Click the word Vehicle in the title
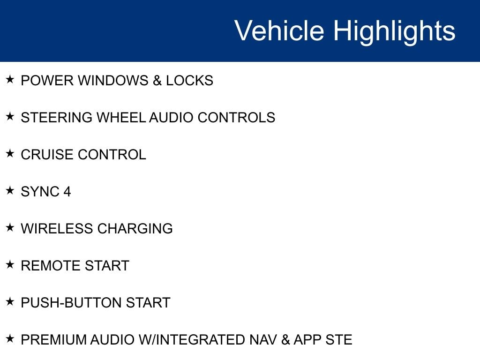point(279,30)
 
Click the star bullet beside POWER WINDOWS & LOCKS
point(10,79)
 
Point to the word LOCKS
point(189,81)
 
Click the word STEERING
point(57,118)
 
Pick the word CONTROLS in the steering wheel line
point(236,118)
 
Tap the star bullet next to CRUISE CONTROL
point(10,153)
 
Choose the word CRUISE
point(47,155)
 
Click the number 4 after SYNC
point(67,192)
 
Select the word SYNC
point(40,192)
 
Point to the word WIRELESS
point(57,229)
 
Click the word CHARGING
point(135,229)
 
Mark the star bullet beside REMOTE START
point(10,264)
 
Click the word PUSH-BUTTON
point(71,303)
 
